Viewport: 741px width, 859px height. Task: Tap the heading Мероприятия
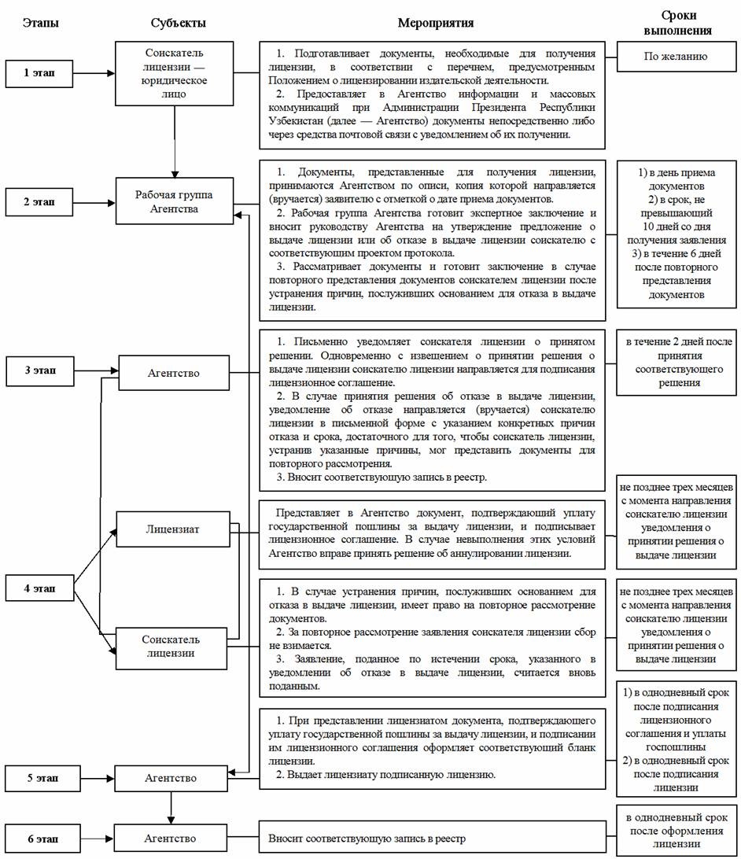click(432, 23)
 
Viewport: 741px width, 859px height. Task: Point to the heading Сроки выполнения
click(677, 23)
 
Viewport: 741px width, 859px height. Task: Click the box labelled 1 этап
click(39, 73)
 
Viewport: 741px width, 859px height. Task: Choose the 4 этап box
click(39, 588)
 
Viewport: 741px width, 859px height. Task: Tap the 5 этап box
click(39, 778)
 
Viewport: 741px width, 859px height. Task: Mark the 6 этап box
click(39, 839)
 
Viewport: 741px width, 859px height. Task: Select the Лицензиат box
click(173, 529)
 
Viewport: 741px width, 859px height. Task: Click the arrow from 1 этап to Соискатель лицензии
click(94, 73)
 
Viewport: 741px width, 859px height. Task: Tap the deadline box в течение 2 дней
click(677, 363)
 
